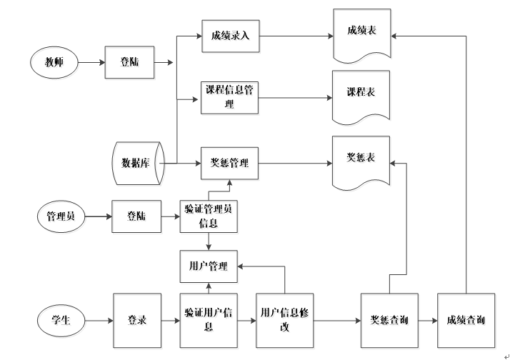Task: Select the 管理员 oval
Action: [61, 216]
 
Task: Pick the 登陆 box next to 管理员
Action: [137, 216]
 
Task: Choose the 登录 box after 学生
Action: [137, 320]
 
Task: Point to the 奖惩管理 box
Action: [230, 163]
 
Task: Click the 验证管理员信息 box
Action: [209, 216]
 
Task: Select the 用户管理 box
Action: [209, 266]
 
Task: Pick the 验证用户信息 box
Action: [209, 320]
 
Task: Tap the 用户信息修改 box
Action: [285, 320]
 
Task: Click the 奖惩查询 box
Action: [389, 320]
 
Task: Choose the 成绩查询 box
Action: [466, 320]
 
